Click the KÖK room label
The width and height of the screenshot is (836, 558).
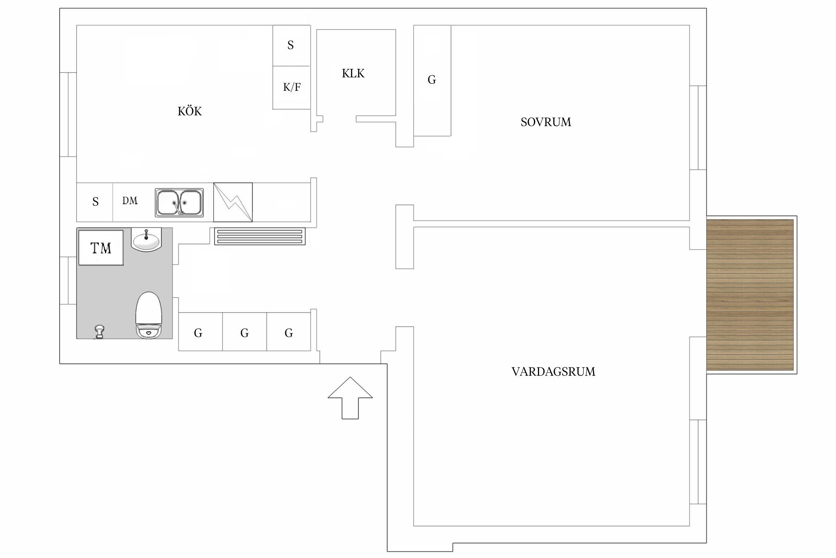[x=189, y=111]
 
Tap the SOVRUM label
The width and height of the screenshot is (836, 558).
[x=545, y=122]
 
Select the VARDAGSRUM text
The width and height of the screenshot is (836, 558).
[x=553, y=372]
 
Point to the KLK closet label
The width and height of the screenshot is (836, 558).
[x=353, y=73]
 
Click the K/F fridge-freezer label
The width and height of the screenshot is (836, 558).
[x=292, y=87]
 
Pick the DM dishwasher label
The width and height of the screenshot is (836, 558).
[x=130, y=201]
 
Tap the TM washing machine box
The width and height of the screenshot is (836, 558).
[x=101, y=248]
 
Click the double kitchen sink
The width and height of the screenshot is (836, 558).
[x=179, y=203]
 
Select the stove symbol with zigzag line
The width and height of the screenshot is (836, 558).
[x=233, y=202]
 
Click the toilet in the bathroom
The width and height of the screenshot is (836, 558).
[x=149, y=315]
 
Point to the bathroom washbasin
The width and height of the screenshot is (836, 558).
[x=146, y=240]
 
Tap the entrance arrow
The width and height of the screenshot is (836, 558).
[x=350, y=398]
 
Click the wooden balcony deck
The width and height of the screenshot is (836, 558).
[x=750, y=295]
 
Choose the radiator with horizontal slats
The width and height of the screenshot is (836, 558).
[x=260, y=237]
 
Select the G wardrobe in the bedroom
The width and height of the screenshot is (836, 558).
[x=432, y=81]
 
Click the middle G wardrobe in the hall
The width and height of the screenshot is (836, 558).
[x=244, y=332]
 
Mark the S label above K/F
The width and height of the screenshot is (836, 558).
[x=291, y=45]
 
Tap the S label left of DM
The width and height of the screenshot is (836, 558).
[x=95, y=202]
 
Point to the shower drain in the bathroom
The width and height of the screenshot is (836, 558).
[x=100, y=331]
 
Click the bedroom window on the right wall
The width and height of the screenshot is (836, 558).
[x=698, y=128]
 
